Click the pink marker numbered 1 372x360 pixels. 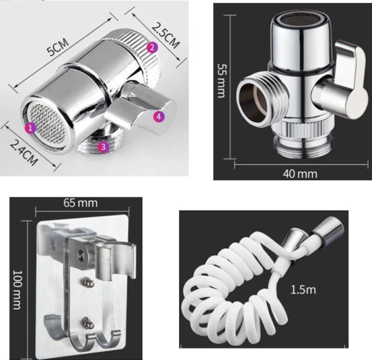click(x=30, y=128)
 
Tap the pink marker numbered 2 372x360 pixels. click(x=152, y=47)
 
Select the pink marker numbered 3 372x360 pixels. click(x=103, y=147)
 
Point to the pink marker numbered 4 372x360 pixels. click(x=159, y=117)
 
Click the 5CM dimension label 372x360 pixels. click(x=57, y=47)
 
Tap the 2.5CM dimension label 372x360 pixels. click(x=165, y=36)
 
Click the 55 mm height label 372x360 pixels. click(x=222, y=80)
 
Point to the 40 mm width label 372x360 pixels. click(x=300, y=174)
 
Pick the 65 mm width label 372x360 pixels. click(x=80, y=203)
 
